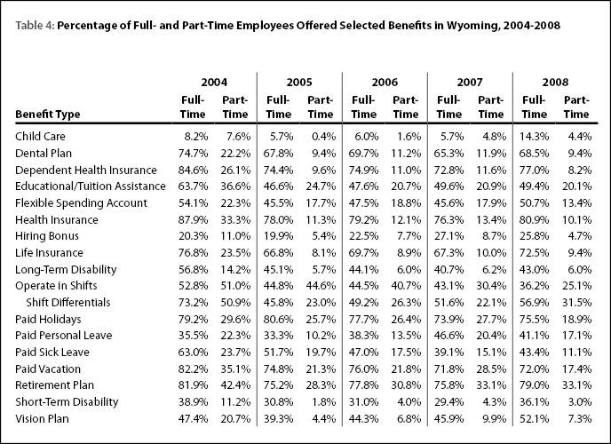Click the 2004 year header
pos(214,83)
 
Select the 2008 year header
pos(555,83)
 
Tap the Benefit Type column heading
pos(48,115)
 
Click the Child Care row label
pos(40,137)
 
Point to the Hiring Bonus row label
pos(47,236)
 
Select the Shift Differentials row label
pos(68,302)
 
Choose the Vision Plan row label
pos(42,418)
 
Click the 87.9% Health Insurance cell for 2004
pos(193,219)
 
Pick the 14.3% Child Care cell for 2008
pos(534,137)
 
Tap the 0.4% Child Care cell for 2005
pos(323,137)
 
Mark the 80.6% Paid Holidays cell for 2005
pos(278,320)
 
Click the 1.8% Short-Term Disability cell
pos(323,402)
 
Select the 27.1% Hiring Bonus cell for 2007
pos(448,236)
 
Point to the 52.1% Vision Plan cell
pos(534,418)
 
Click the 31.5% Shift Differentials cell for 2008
pos(576,302)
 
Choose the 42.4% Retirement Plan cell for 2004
pos(235,385)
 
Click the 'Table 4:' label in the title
pos(35,26)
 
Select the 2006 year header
pos(385,83)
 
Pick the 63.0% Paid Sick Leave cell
pos(193,352)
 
